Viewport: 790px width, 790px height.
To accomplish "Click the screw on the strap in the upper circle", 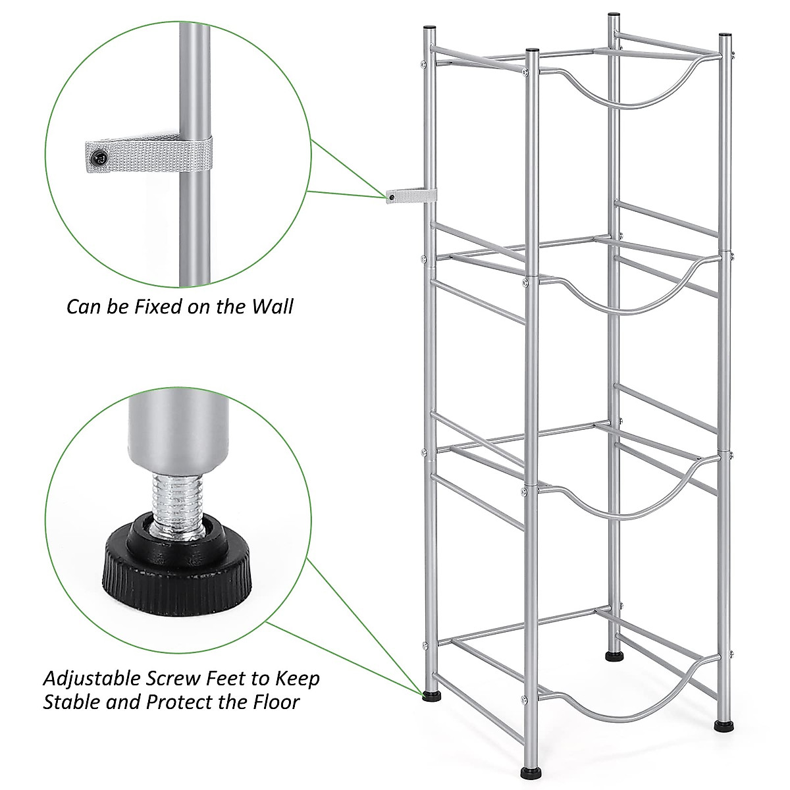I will [99, 156].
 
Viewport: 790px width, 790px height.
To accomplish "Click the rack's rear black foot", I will [614, 656].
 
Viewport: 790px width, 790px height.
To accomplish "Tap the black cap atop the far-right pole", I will [724, 37].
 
